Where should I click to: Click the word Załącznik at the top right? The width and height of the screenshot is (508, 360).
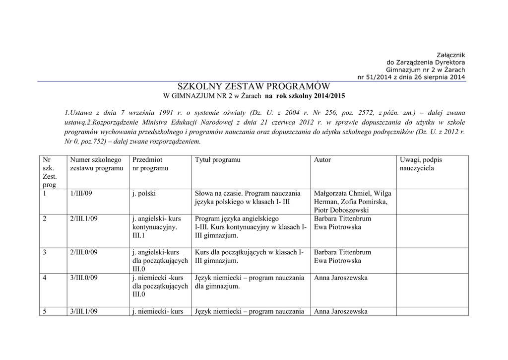click(x=450, y=55)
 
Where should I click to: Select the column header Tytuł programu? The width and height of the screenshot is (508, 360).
click(x=217, y=160)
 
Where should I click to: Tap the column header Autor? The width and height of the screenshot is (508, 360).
click(x=322, y=160)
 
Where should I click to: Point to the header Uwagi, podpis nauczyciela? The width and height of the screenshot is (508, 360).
click(x=421, y=164)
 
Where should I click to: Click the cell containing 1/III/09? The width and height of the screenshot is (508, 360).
click(x=81, y=194)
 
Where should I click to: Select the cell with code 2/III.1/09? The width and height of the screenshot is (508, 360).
click(x=84, y=218)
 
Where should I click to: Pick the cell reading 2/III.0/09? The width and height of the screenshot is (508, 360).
click(x=84, y=252)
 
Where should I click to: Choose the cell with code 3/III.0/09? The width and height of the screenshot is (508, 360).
click(x=84, y=278)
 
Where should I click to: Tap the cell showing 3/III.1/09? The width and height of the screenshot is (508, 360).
click(x=84, y=311)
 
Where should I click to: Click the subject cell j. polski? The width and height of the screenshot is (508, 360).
click(x=141, y=194)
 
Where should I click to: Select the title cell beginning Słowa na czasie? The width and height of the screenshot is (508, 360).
click(x=248, y=198)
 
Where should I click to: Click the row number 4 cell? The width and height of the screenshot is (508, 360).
click(x=45, y=278)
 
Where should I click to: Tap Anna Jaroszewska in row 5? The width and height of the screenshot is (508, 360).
click(x=341, y=311)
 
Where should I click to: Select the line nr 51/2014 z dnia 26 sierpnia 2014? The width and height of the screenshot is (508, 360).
click(x=411, y=77)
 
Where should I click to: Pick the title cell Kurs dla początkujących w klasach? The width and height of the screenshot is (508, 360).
click(x=249, y=256)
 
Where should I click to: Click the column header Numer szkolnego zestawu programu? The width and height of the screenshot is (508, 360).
click(x=96, y=164)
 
